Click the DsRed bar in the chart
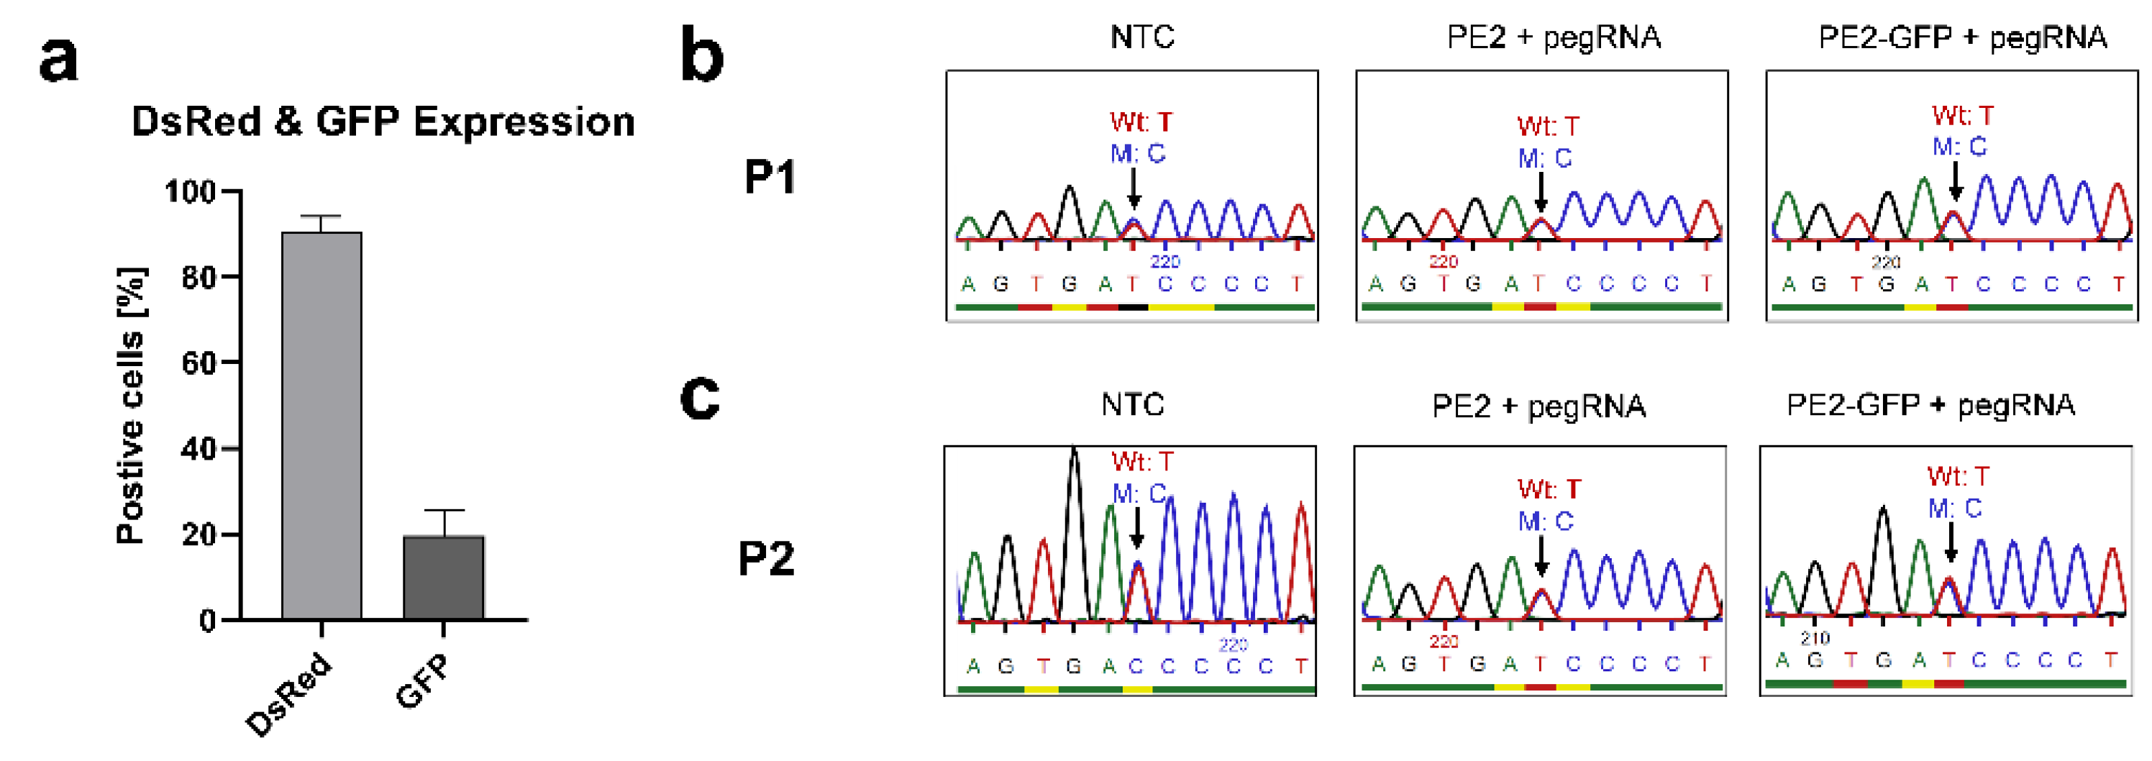click(322, 426)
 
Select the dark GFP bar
click(444, 578)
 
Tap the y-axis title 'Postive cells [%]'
click(131, 406)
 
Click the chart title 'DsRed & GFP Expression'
click(383, 122)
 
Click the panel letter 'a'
click(58, 60)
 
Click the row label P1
click(770, 177)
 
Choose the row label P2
click(766, 558)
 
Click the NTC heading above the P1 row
click(1142, 37)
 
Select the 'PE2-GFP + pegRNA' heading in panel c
click(1930, 405)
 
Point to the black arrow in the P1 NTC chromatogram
click(1133, 188)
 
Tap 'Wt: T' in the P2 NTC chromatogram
click(1142, 461)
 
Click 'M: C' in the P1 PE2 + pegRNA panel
click(1545, 158)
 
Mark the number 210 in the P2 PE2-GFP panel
click(1815, 638)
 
